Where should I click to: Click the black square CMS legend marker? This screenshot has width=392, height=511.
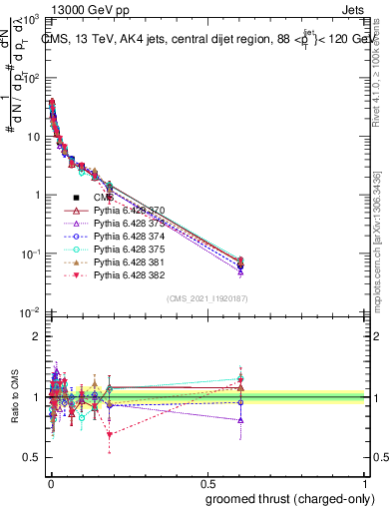coord(76,199)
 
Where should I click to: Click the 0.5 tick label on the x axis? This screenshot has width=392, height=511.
coord(205,481)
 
